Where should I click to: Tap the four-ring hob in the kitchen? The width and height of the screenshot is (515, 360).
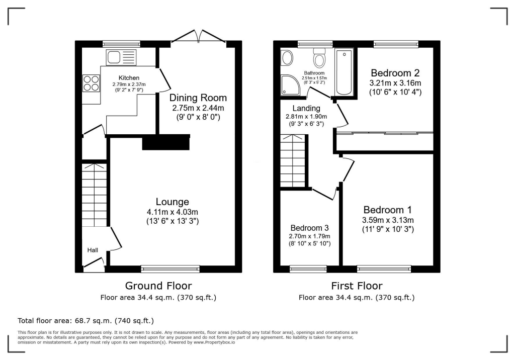[x=91, y=83]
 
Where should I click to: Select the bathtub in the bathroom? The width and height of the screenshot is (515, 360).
[x=345, y=71]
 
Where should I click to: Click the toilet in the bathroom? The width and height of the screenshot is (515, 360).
[x=319, y=58]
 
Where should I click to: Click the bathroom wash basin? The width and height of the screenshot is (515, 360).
[x=287, y=58]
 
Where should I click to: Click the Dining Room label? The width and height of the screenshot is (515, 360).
[x=198, y=98]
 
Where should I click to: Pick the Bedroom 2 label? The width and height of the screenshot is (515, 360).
[x=395, y=73]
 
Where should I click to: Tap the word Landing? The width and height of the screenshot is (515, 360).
[x=306, y=108]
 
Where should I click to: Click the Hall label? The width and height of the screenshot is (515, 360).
[x=93, y=249]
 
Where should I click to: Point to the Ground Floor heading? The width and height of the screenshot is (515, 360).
[x=158, y=286]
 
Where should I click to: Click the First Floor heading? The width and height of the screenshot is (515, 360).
[x=357, y=286]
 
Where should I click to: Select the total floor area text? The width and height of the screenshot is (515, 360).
[x=85, y=320]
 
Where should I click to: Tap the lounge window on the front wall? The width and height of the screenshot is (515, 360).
[x=170, y=269]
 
